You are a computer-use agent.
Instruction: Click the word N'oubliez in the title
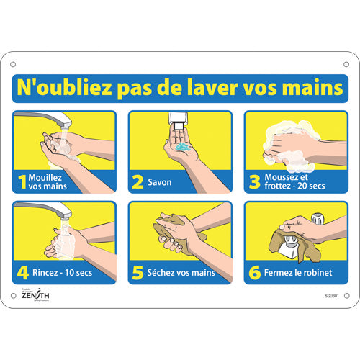pos(61,88)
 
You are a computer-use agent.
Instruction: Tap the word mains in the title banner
pos(311,88)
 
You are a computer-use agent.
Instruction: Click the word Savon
pos(161,182)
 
